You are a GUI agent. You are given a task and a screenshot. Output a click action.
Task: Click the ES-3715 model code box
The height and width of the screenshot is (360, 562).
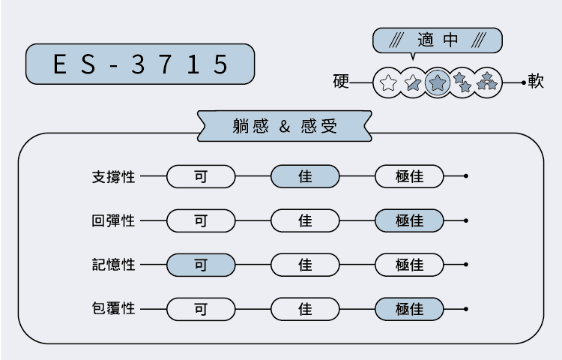pyautogui.click(x=140, y=64)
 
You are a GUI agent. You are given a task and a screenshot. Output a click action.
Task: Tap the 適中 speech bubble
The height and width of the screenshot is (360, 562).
pyautogui.click(x=437, y=40)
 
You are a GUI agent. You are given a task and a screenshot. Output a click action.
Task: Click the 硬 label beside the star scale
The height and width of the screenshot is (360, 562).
pyautogui.click(x=342, y=81)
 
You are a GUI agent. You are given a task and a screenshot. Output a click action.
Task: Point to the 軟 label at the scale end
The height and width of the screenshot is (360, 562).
pyautogui.click(x=536, y=81)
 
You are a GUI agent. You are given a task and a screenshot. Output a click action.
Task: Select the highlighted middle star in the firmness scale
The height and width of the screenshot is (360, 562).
pyautogui.click(x=438, y=82)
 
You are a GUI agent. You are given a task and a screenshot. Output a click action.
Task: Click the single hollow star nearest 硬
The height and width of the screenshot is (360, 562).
pyautogui.click(x=388, y=82)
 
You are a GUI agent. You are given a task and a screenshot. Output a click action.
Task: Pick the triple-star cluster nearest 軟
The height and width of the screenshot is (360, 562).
pyautogui.click(x=487, y=82)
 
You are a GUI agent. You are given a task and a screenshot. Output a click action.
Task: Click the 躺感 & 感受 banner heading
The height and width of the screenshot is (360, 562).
pyautogui.click(x=285, y=126)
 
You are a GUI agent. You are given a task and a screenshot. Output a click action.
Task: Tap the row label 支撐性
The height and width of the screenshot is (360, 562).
pyautogui.click(x=113, y=177)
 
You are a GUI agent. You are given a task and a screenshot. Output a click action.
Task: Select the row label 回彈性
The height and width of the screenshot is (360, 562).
pyautogui.click(x=113, y=221)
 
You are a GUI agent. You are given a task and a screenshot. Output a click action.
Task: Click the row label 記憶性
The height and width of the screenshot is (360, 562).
pyautogui.click(x=113, y=265)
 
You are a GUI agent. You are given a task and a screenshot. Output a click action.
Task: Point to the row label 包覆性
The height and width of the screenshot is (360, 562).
pyautogui.click(x=113, y=308)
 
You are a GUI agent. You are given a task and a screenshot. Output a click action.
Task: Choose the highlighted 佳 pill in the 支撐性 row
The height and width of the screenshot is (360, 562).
pyautogui.click(x=305, y=177)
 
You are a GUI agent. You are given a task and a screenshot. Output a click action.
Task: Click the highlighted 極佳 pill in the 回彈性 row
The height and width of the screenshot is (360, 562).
pyautogui.click(x=409, y=221)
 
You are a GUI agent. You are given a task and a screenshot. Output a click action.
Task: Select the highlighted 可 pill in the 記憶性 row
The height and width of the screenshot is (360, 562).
pyautogui.click(x=201, y=265)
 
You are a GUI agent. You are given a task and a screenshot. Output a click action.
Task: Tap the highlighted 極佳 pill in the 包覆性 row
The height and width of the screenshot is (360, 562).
pyautogui.click(x=409, y=308)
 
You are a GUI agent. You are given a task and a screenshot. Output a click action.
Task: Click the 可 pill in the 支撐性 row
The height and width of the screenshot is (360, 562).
pyautogui.click(x=201, y=177)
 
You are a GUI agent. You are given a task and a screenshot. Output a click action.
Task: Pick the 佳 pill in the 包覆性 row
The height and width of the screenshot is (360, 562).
pyautogui.click(x=305, y=308)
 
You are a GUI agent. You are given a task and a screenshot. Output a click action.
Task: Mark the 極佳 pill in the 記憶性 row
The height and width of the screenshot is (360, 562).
pyautogui.click(x=409, y=265)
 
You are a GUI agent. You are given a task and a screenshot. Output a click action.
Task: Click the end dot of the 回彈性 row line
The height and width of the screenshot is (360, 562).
pyautogui.click(x=467, y=221)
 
